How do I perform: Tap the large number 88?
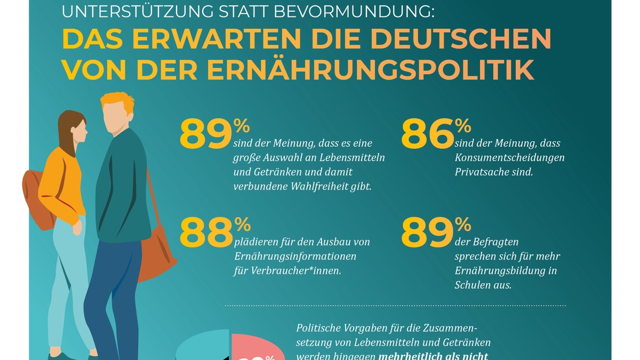206,233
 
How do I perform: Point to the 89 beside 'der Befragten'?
427,233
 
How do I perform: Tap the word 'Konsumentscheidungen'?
509,158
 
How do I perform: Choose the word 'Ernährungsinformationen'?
295,257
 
